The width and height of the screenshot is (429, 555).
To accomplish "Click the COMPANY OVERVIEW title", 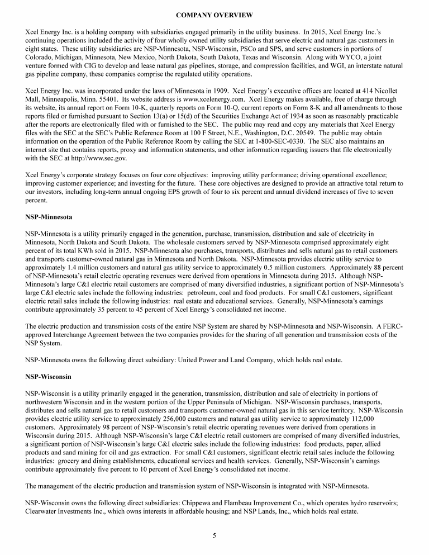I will point(214,14).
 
